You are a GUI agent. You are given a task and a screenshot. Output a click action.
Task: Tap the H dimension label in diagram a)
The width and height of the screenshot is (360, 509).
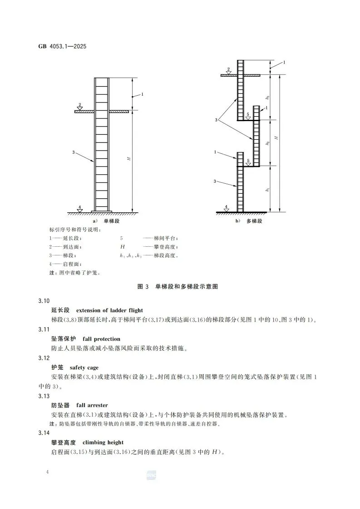[x=129, y=158]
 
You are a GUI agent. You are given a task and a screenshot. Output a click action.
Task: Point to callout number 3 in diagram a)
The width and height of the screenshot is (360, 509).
[x=73, y=152]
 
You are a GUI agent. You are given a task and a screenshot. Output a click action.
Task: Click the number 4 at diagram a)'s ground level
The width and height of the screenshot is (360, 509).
[x=79, y=207]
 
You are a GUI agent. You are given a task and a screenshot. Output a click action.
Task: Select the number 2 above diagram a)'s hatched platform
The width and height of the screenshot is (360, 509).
[x=80, y=105]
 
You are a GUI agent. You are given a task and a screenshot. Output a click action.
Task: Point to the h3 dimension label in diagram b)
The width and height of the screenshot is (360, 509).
[x=268, y=97]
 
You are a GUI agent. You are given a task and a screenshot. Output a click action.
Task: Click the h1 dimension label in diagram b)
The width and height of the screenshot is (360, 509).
[x=268, y=189]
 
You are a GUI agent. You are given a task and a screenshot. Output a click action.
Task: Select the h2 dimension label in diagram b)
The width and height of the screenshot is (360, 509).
[x=268, y=143]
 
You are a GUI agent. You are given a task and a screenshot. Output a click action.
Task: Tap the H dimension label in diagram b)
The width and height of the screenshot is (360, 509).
[x=276, y=137]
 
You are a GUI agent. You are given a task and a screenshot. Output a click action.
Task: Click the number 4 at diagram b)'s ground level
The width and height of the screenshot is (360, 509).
[x=226, y=206]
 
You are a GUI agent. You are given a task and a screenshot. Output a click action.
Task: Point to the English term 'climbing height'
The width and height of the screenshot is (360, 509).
[x=103, y=442]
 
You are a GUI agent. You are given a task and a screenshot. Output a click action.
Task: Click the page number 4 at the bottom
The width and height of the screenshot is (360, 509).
[x=47, y=473]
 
